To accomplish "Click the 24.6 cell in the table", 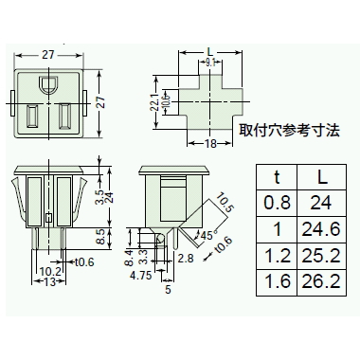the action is point(321,229).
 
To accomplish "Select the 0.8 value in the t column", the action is point(277,203).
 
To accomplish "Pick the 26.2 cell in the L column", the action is point(321,282).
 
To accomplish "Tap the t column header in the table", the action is point(277,177).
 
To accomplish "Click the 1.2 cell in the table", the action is point(277,256).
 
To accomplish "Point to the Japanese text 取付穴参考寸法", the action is point(289,130).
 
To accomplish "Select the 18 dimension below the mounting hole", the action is point(210,144).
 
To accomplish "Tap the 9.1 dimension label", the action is point(210,63).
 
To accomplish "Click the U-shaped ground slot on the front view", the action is point(48,84).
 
